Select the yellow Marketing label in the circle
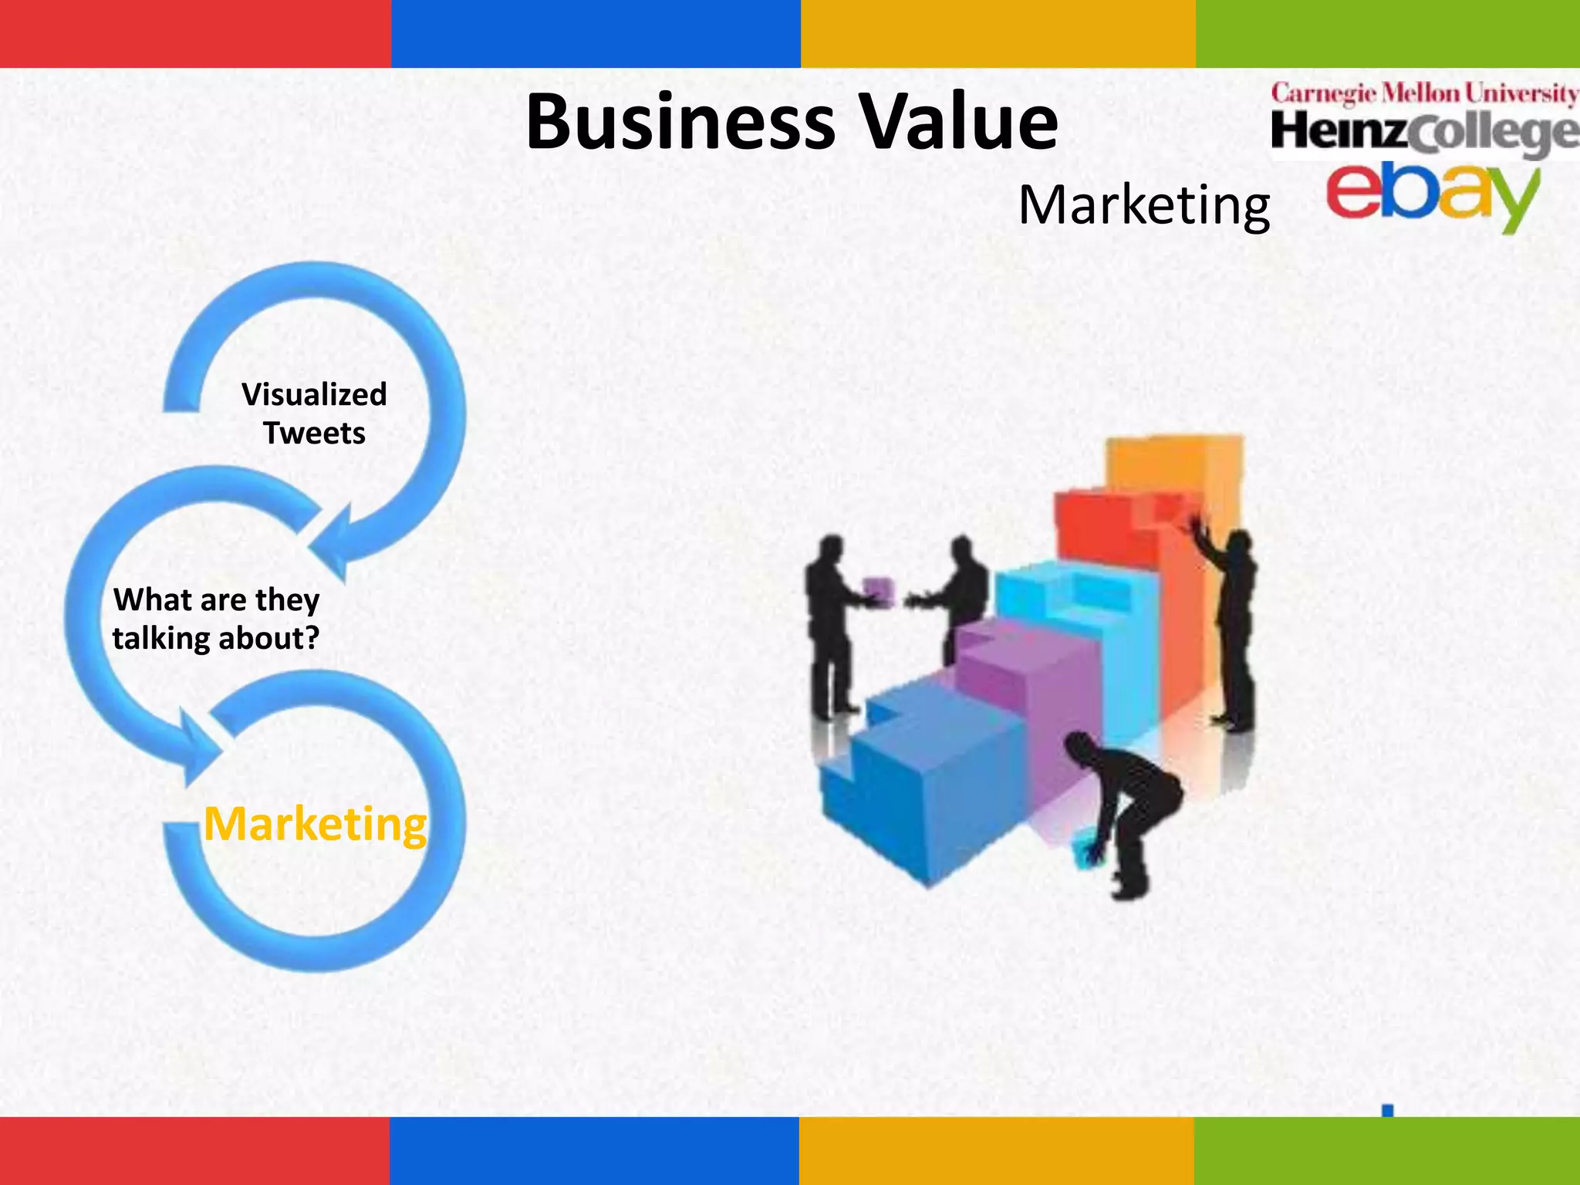(x=315, y=824)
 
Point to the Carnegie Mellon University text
(x=1424, y=94)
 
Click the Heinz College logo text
(x=1424, y=133)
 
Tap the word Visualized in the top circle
(x=314, y=394)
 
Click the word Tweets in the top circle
(x=314, y=433)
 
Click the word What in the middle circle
(x=147, y=599)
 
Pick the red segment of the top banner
(x=195, y=33)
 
